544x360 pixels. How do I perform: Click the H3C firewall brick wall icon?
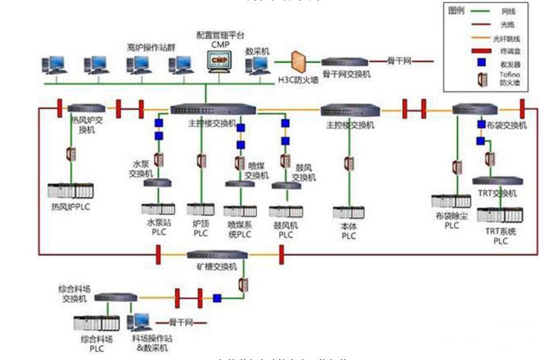300,62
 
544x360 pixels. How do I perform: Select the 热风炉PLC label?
70,207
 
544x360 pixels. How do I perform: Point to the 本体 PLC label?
349,231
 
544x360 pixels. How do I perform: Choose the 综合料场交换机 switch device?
116,298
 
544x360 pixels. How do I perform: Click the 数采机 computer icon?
257,63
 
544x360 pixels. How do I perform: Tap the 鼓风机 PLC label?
285,231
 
